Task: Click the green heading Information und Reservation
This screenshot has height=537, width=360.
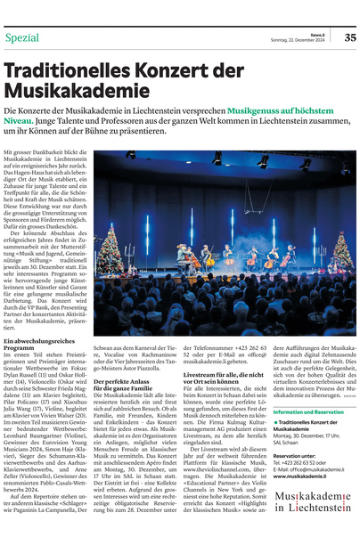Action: (x=307, y=413)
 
